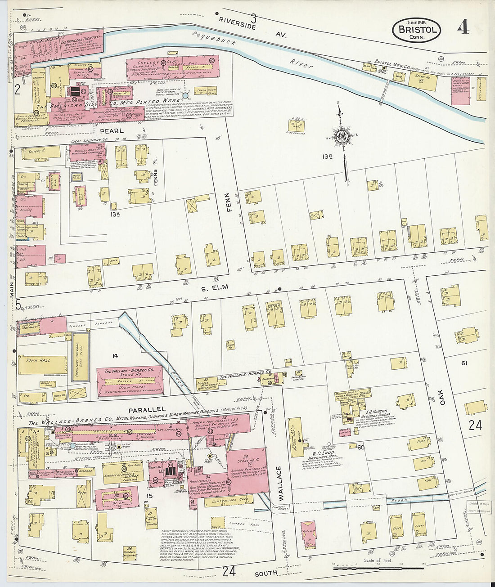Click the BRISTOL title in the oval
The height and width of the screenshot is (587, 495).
tap(416, 30)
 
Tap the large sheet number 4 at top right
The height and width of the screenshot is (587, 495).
tap(463, 27)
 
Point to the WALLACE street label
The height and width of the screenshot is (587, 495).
tap(278, 484)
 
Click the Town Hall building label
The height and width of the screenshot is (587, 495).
tap(38, 360)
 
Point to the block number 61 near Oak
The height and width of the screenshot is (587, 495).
tap(464, 363)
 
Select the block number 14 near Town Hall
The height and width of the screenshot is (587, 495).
tap(115, 356)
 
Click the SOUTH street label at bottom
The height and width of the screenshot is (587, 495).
tap(266, 573)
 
